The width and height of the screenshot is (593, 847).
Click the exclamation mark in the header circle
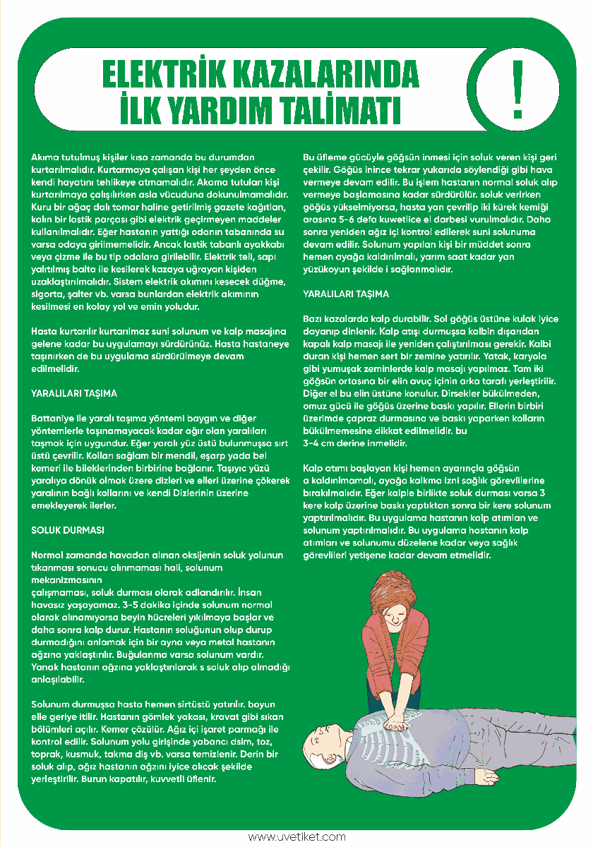pyautogui.click(x=518, y=90)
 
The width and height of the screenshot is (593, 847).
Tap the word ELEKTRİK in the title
pyautogui.click(x=169, y=75)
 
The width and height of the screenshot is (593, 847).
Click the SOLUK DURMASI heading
pyautogui.click(x=68, y=529)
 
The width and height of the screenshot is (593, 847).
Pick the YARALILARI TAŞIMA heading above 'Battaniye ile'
pyautogui.click(x=74, y=393)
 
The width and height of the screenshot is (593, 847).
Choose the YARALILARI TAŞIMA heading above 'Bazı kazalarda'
pyautogui.click(x=346, y=294)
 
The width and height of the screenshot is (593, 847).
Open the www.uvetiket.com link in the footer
pyautogui.click(x=296, y=837)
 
